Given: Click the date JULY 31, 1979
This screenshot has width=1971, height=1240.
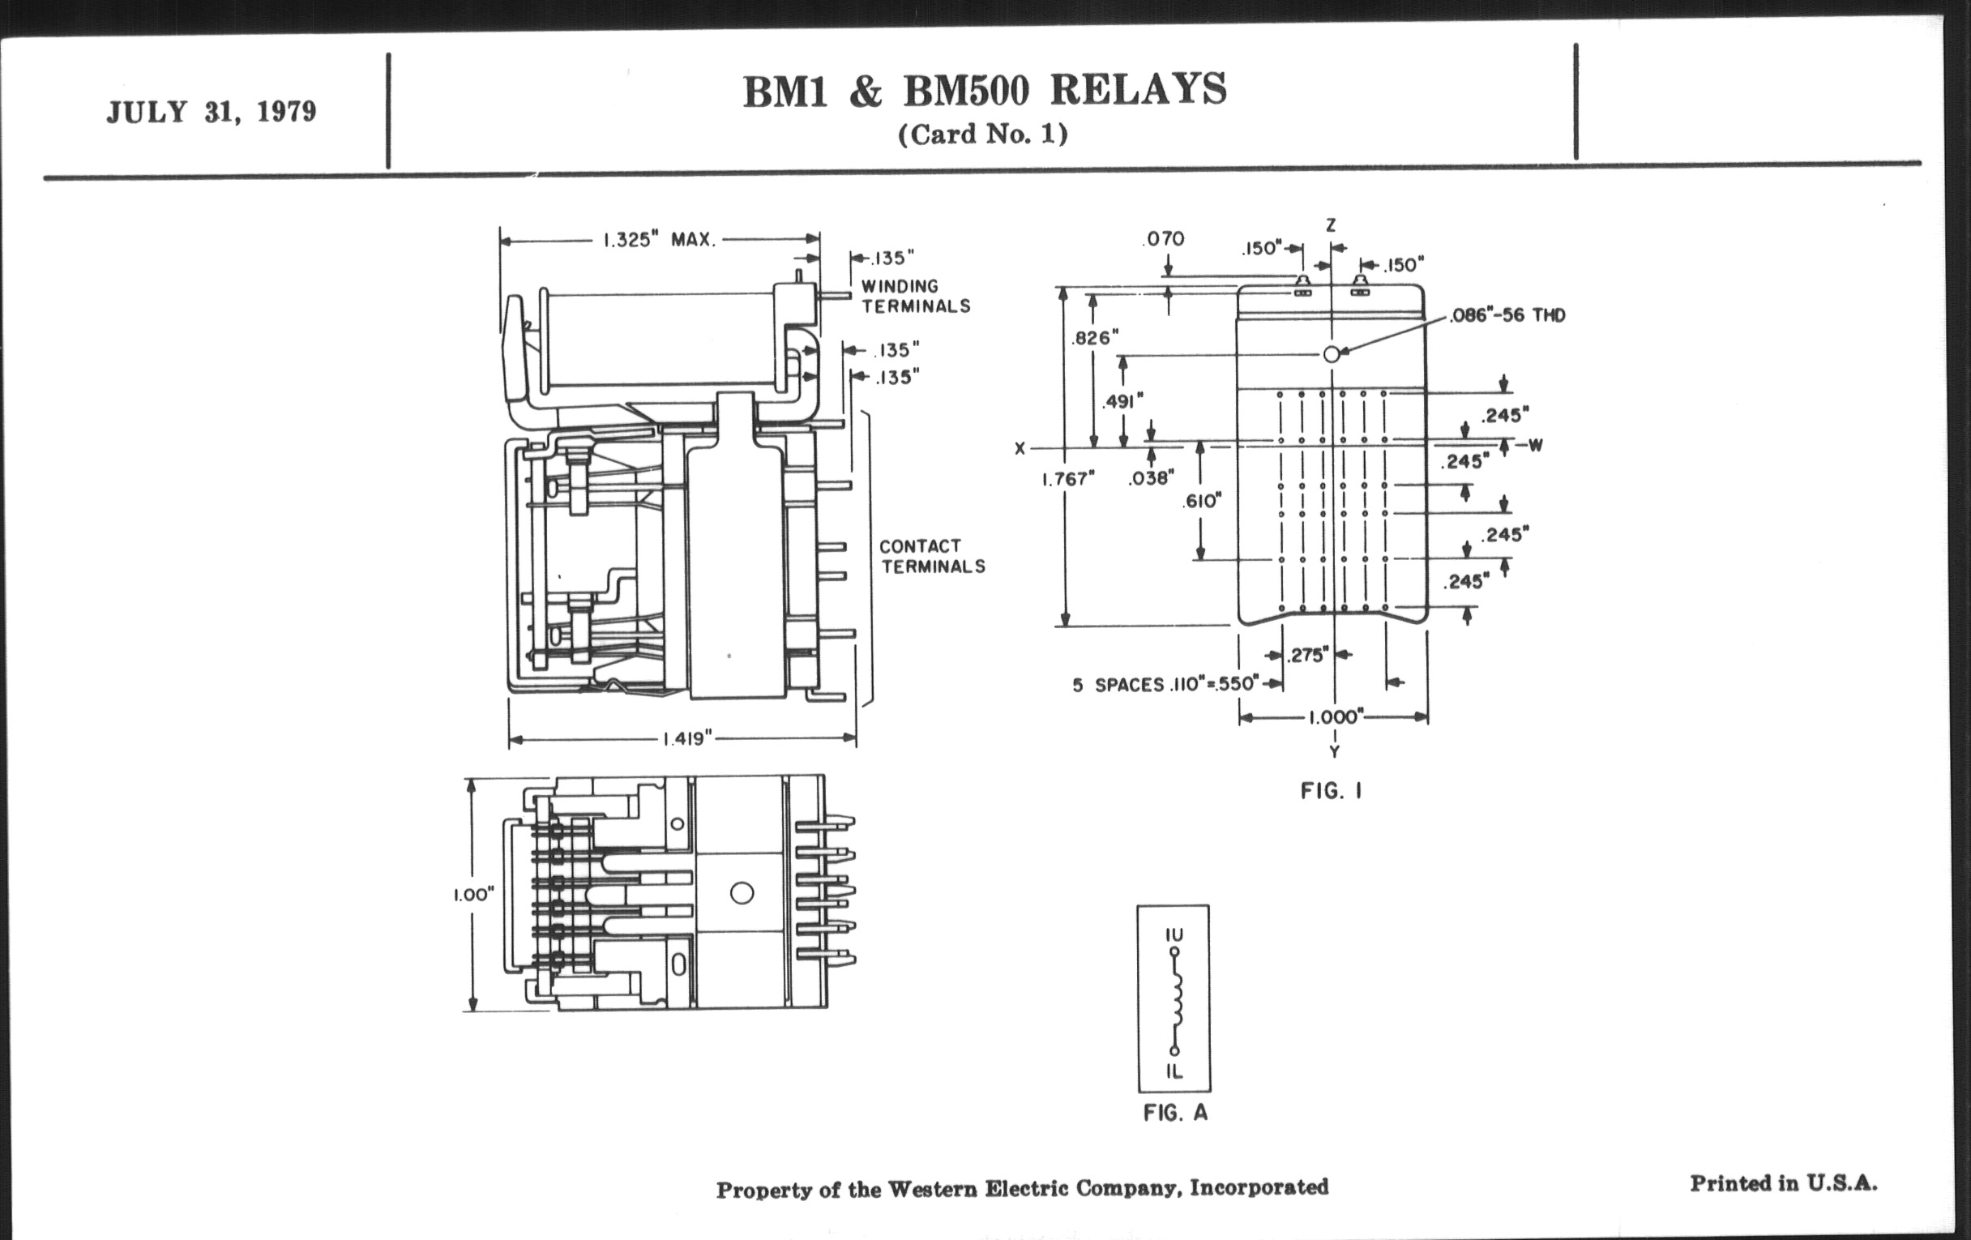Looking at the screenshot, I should pos(212,111).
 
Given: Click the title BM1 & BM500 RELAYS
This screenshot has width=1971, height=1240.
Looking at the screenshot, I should pos(985,90).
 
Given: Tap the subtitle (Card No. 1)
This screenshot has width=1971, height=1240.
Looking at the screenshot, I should pos(983,135).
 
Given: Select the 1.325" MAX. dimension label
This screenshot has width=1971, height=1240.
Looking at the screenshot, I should pos(659,240).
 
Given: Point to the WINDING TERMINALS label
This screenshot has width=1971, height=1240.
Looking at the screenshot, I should pos(915,296).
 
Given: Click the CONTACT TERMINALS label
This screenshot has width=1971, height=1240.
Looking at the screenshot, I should pos(932,556).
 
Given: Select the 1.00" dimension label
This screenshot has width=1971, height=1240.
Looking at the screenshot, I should pos(474,895).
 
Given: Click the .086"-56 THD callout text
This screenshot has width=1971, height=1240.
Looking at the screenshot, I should pos(1507,316).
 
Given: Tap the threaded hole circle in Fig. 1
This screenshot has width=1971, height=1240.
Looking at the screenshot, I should pos(1332,353).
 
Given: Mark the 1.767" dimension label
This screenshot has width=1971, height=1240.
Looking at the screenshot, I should pos(1068,479).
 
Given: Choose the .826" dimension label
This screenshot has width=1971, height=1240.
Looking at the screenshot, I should pos(1094,337).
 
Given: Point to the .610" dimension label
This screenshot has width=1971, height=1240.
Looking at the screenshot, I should pos(1202,501).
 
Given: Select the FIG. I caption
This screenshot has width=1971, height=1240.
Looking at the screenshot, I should pos(1331,791).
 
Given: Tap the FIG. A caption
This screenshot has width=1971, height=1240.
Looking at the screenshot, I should pos(1174,1113).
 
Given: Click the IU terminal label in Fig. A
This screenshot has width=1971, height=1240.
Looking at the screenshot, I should pos(1174,934).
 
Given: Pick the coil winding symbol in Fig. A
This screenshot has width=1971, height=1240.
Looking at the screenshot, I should pos(1177,1000).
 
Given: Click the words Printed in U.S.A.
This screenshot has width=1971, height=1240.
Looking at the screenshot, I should pos(1783,1183).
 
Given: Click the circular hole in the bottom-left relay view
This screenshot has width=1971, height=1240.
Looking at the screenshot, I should pos(742,892).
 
